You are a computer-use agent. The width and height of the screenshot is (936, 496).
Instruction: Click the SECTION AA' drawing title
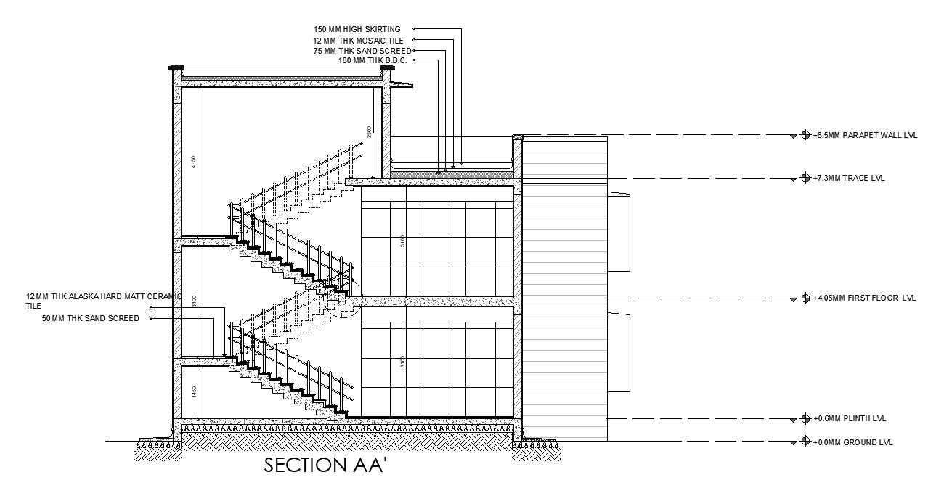pyautogui.click(x=324, y=466)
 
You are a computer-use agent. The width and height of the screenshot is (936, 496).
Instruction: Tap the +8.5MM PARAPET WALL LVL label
pyautogui.click(x=865, y=136)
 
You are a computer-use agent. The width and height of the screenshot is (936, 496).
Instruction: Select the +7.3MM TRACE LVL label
pyautogui.click(x=849, y=179)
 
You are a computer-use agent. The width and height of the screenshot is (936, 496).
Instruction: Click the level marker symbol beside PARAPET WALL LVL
pyautogui.click(x=805, y=136)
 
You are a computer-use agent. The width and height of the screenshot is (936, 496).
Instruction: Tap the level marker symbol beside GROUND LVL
pyautogui.click(x=805, y=442)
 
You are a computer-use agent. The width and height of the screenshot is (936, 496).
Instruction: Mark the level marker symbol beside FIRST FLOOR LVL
pyautogui.click(x=805, y=298)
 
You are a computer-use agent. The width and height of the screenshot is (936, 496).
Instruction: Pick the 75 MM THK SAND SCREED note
pyautogui.click(x=362, y=51)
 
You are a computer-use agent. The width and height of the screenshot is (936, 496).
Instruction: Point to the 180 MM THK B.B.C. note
pyautogui.click(x=372, y=60)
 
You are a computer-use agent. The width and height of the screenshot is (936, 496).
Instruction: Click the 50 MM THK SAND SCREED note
pyautogui.click(x=91, y=319)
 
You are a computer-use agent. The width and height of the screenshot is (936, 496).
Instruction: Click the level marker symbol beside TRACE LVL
pyautogui.click(x=805, y=179)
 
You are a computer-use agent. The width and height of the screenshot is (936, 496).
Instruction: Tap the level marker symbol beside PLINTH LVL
pyautogui.click(x=805, y=419)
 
